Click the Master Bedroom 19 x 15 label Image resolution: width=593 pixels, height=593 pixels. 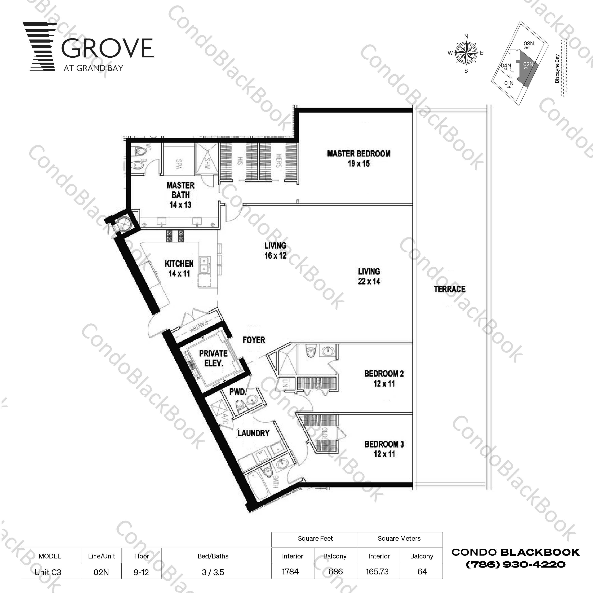click(359, 158)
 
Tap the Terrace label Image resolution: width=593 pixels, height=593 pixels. click(449, 289)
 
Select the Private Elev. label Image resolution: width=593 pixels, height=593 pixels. click(213, 358)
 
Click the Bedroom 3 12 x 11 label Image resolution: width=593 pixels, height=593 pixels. click(384, 449)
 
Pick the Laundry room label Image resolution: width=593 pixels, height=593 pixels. click(253, 433)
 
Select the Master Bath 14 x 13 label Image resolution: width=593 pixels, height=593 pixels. click(180, 195)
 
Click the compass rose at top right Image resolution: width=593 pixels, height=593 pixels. click(466, 53)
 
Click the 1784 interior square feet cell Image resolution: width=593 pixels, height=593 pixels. click(290, 571)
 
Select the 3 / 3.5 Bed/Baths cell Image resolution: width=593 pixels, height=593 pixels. click(213, 572)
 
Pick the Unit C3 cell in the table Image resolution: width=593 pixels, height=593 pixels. click(48, 572)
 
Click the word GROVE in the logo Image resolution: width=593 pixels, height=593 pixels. click(107, 48)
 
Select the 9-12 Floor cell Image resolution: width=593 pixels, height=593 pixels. click(141, 572)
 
